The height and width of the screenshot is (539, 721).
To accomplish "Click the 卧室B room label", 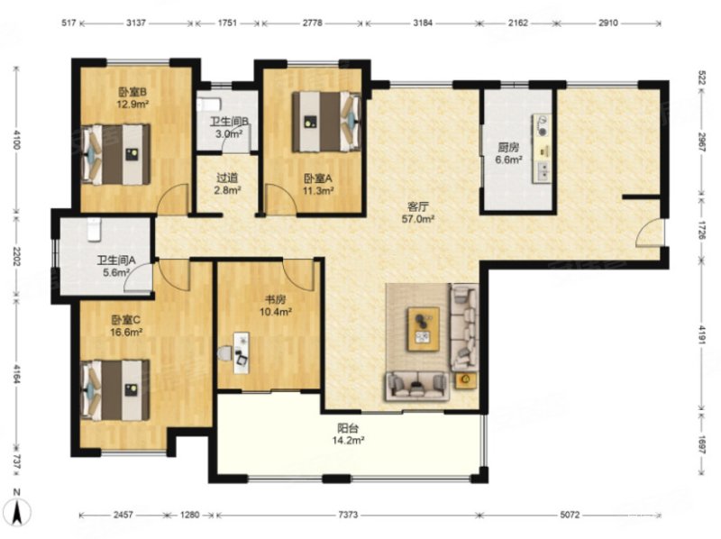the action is [132, 93].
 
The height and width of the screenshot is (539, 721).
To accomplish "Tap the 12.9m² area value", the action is [132, 105].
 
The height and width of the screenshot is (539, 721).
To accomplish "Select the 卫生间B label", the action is [230, 123].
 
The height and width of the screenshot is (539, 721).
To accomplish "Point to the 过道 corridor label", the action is [227, 178].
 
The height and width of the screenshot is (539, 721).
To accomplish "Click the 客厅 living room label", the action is [418, 206].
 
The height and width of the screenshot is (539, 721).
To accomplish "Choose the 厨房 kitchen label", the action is [508, 148].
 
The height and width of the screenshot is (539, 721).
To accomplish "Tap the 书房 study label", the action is [275, 300].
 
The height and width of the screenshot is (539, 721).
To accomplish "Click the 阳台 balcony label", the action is [348, 429].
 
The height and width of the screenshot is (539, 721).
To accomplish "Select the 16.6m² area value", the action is [126, 332].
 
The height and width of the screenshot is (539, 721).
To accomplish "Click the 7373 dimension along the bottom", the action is [348, 515].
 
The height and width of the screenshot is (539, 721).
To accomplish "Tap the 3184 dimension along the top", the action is [423, 23].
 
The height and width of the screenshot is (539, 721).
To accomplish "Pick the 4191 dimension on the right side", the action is [702, 334].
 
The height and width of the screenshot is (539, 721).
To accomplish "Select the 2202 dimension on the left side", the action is [17, 256].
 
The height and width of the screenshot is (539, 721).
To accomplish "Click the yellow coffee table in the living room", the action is [423, 330].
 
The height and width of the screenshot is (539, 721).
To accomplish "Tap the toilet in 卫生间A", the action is [95, 230].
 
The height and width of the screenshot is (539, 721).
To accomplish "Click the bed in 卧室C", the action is [115, 390].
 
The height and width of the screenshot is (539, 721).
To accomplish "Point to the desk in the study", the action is [241, 352].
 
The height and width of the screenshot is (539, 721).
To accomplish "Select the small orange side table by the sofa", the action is [466, 379].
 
